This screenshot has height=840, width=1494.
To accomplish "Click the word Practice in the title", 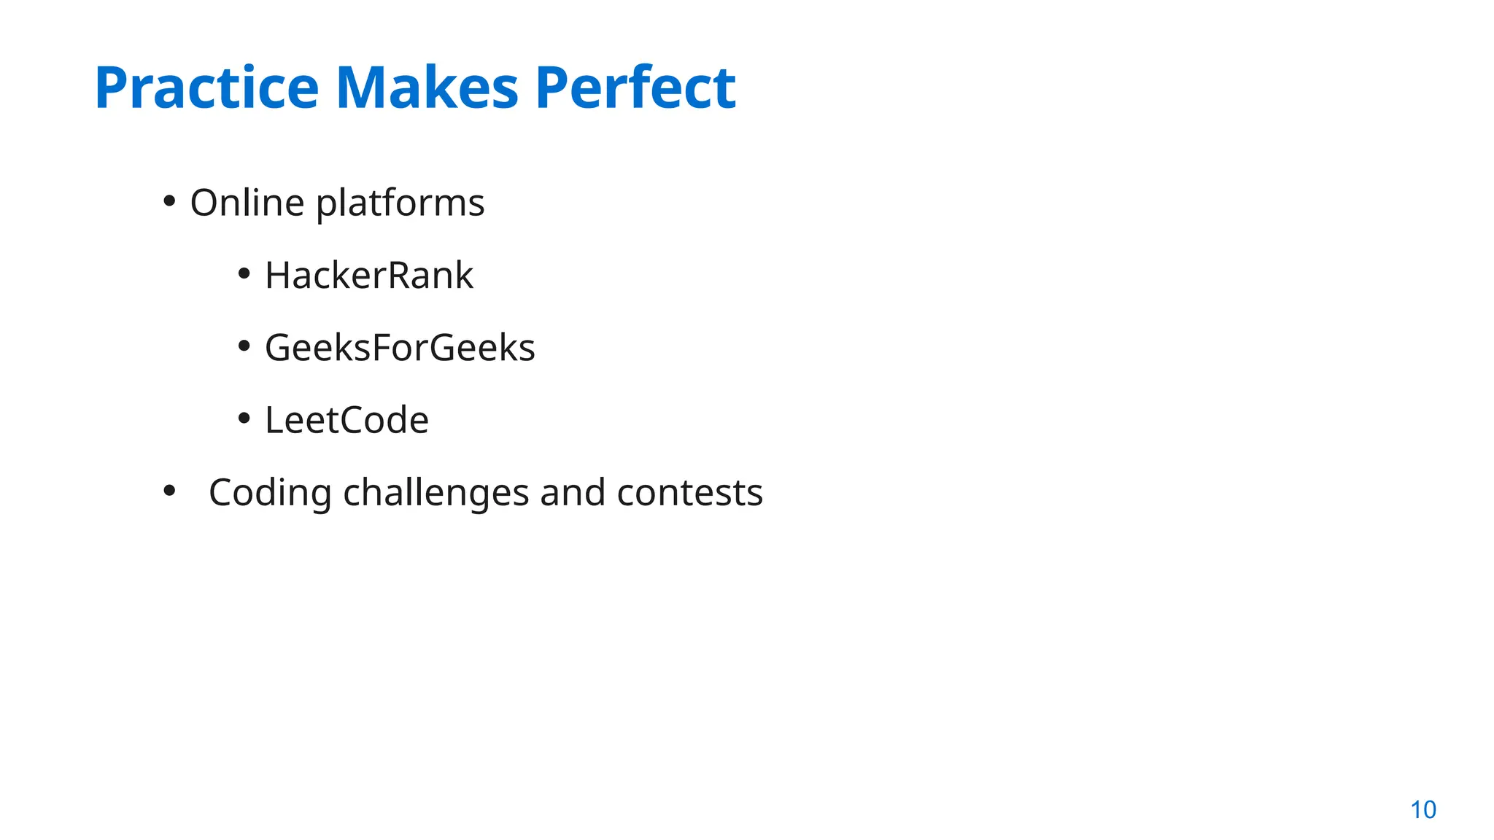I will tap(206, 88).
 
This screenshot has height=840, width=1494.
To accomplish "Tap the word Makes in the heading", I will tap(427, 88).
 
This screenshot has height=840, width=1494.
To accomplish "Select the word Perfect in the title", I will tap(635, 88).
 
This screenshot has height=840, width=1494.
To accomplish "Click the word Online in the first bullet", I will tap(247, 203).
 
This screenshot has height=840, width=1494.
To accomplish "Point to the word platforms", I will tap(400, 203).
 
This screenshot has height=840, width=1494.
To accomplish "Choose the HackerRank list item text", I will tap(369, 276).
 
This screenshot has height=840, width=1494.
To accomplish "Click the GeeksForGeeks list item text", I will tap(400, 348).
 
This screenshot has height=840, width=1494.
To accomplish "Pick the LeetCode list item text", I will tap(347, 420).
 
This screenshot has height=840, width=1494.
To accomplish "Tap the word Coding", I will tap(270, 493).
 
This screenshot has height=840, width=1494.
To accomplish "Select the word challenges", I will tap(436, 493).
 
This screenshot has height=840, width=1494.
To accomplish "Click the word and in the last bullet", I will tap(573, 493).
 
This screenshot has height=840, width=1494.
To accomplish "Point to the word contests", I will tap(690, 493).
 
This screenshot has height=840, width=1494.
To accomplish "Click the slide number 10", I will tap(1423, 810).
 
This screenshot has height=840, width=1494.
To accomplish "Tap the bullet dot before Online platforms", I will tap(169, 201).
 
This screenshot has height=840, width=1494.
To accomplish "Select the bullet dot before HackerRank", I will tap(244, 273).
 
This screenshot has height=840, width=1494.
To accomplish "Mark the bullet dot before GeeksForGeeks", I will tap(244, 346).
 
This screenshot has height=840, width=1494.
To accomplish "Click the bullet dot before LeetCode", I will tap(244, 418).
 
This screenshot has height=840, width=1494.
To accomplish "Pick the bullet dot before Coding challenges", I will tap(169, 491).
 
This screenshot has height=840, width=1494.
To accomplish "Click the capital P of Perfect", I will tap(552, 88).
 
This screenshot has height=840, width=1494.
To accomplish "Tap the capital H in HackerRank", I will tap(278, 276).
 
